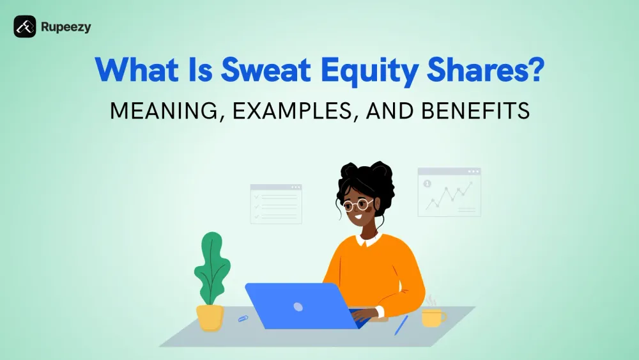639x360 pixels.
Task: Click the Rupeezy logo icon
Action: [x=25, y=26]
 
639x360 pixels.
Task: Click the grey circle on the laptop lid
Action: [x=298, y=306]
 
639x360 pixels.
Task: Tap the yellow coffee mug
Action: [x=432, y=317]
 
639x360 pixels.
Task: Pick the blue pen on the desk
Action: [x=401, y=325]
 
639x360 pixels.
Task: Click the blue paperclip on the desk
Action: [x=243, y=317]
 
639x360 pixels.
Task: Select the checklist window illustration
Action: [x=275, y=204]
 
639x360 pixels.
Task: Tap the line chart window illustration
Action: [x=449, y=191]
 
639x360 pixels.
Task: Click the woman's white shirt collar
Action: [x=369, y=240]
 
